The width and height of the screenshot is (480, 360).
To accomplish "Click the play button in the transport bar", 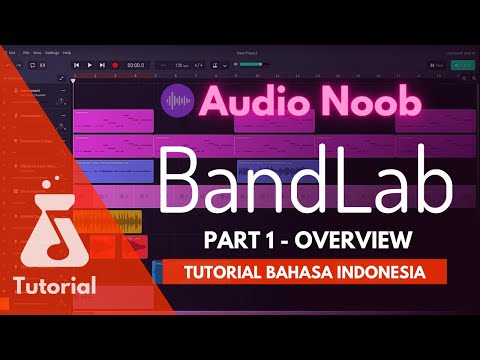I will tap(89, 65).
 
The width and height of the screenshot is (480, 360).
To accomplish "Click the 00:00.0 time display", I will tap(137, 65).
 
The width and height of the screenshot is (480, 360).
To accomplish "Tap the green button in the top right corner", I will tap(462, 65).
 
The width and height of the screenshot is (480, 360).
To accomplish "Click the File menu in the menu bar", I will tap(23, 51).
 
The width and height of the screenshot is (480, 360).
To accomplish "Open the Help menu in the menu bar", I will tap(67, 51).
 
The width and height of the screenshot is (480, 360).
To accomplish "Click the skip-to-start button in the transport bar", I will tap(77, 65).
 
